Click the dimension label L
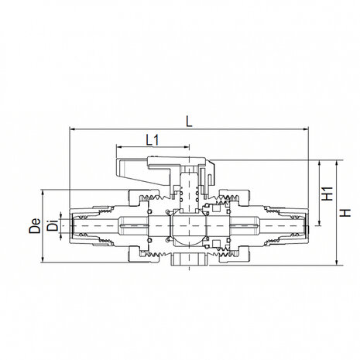coord(189,119)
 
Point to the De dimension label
coord(35,226)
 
